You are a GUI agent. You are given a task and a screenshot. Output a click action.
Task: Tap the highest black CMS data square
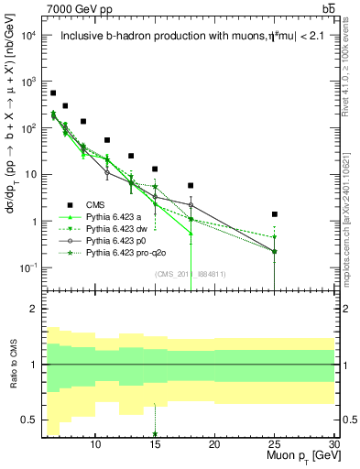pos(54,93)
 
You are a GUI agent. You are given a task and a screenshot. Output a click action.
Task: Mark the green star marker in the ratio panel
pos(155,434)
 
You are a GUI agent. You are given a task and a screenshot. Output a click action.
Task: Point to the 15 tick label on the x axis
pos(155,444)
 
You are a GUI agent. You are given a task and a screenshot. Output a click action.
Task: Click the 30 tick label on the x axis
pos(334,444)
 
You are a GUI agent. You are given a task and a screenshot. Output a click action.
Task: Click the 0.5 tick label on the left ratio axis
pos(28,420)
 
